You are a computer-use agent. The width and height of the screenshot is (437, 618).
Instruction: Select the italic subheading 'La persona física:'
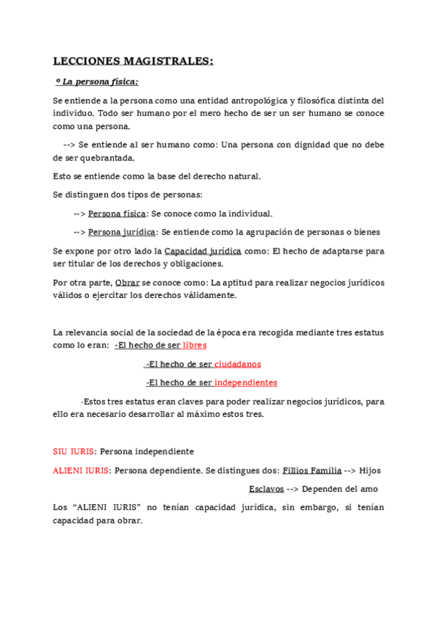[x=100, y=82]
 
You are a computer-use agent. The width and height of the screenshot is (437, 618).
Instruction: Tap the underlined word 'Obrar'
[x=127, y=282]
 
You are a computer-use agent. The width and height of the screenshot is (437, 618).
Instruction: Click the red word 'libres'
[x=194, y=345]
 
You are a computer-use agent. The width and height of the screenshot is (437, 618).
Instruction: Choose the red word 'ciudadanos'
[x=237, y=364]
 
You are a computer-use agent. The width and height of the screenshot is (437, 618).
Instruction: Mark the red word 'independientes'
[x=245, y=383]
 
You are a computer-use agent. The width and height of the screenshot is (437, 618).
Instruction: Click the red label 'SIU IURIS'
[x=73, y=452]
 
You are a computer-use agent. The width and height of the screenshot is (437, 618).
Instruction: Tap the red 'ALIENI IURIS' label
[x=81, y=471]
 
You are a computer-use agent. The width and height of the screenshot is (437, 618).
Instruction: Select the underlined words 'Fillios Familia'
[x=312, y=471]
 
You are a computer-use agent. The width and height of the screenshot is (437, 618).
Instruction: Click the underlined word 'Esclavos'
[x=266, y=490]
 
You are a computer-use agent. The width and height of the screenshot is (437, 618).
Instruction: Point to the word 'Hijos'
[x=371, y=471]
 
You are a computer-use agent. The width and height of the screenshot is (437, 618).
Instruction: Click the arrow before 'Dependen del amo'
[x=293, y=490]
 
